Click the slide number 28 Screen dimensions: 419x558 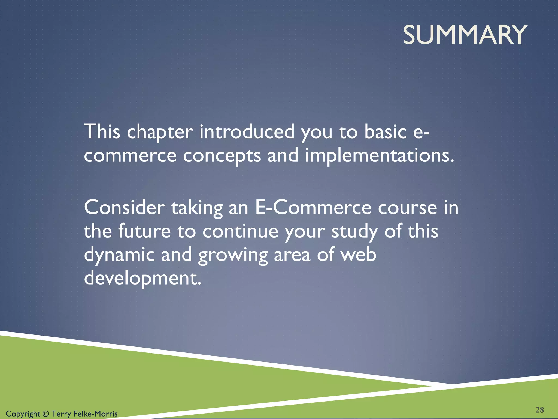(539, 410)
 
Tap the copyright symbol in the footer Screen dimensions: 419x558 (46, 414)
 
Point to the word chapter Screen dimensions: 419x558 (160, 132)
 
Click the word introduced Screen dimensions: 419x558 (247, 132)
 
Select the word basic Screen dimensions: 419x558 (386, 132)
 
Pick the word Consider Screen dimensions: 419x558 (124, 208)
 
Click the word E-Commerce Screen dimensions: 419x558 (313, 208)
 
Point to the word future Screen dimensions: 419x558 (144, 231)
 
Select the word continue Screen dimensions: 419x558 (240, 231)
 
